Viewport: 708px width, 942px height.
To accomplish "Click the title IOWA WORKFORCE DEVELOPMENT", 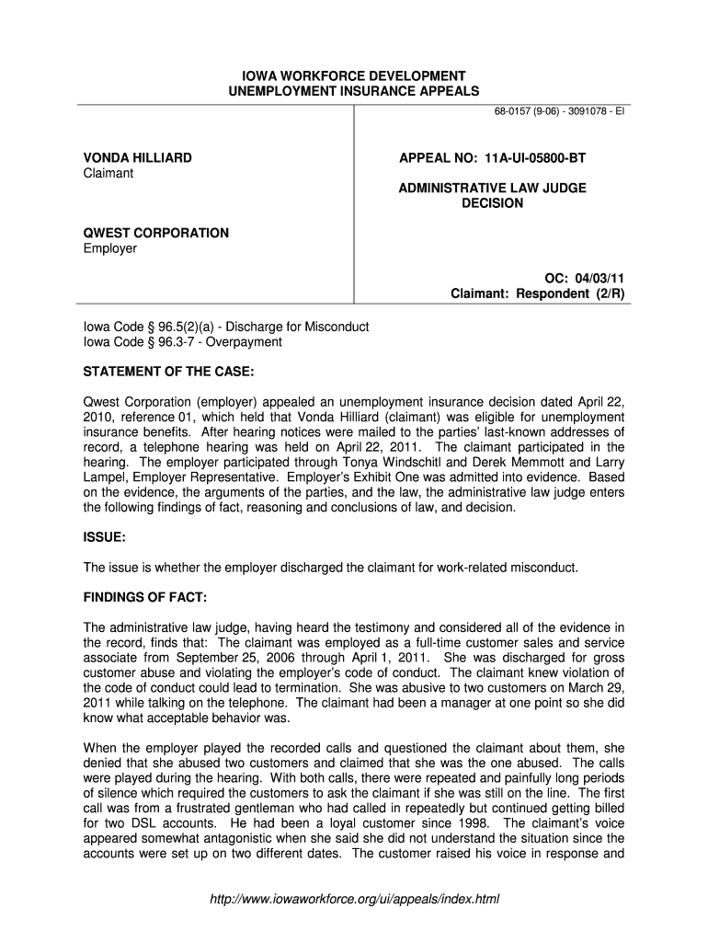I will point(354,75).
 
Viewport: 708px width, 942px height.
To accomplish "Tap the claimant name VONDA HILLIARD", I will point(138,158).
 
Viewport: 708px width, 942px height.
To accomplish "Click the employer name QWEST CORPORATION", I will point(156,234).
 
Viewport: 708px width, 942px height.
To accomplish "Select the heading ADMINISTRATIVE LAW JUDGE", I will point(492,188).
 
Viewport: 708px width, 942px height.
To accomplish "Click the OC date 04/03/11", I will point(601,277).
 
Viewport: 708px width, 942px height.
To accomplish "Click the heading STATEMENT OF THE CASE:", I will point(168,372).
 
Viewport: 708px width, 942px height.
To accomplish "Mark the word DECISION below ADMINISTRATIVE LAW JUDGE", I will point(492,203).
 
